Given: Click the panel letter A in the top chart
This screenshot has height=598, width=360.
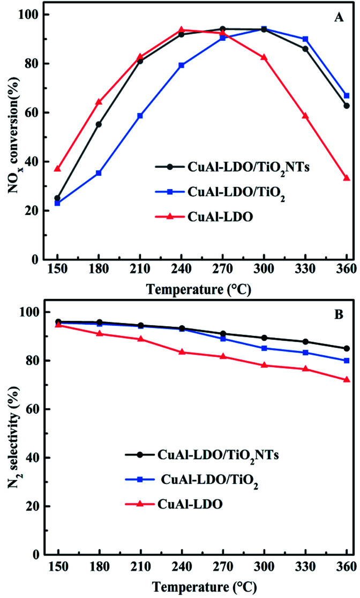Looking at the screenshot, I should coord(339,18).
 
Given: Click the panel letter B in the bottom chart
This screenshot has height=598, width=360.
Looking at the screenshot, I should coord(339,315).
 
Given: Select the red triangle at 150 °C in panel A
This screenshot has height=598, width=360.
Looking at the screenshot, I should coord(57,169).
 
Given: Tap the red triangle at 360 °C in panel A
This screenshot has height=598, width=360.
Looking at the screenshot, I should coord(347,178).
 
